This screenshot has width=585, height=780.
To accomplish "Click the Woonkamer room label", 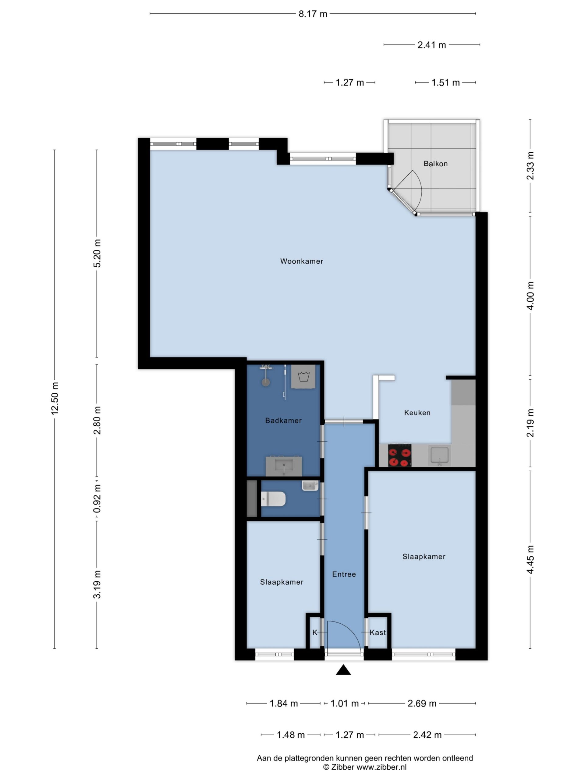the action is (302, 261).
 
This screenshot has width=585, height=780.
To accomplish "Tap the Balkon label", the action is (435, 164).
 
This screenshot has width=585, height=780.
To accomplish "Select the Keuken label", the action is (417, 413).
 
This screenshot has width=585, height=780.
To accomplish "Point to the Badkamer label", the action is (283, 420).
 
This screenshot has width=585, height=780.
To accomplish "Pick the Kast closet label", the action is (378, 633).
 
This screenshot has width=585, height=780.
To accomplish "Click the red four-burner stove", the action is (399, 455).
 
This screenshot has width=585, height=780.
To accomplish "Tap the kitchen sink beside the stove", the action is (439, 455).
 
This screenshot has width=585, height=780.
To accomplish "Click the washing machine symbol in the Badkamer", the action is (303, 377).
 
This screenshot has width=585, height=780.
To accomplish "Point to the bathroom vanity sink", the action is (283, 466).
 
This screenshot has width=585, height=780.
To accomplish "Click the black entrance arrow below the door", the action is (343, 670).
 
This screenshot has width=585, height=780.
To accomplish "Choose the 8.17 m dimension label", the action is (313, 14).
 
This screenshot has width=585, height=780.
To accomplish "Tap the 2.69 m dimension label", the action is (422, 704).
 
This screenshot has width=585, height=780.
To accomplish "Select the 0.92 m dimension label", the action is (97, 498).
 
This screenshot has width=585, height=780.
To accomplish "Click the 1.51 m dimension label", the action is (445, 83).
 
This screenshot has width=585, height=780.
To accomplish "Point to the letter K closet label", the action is (315, 633).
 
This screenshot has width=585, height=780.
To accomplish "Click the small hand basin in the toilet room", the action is (310, 486).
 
